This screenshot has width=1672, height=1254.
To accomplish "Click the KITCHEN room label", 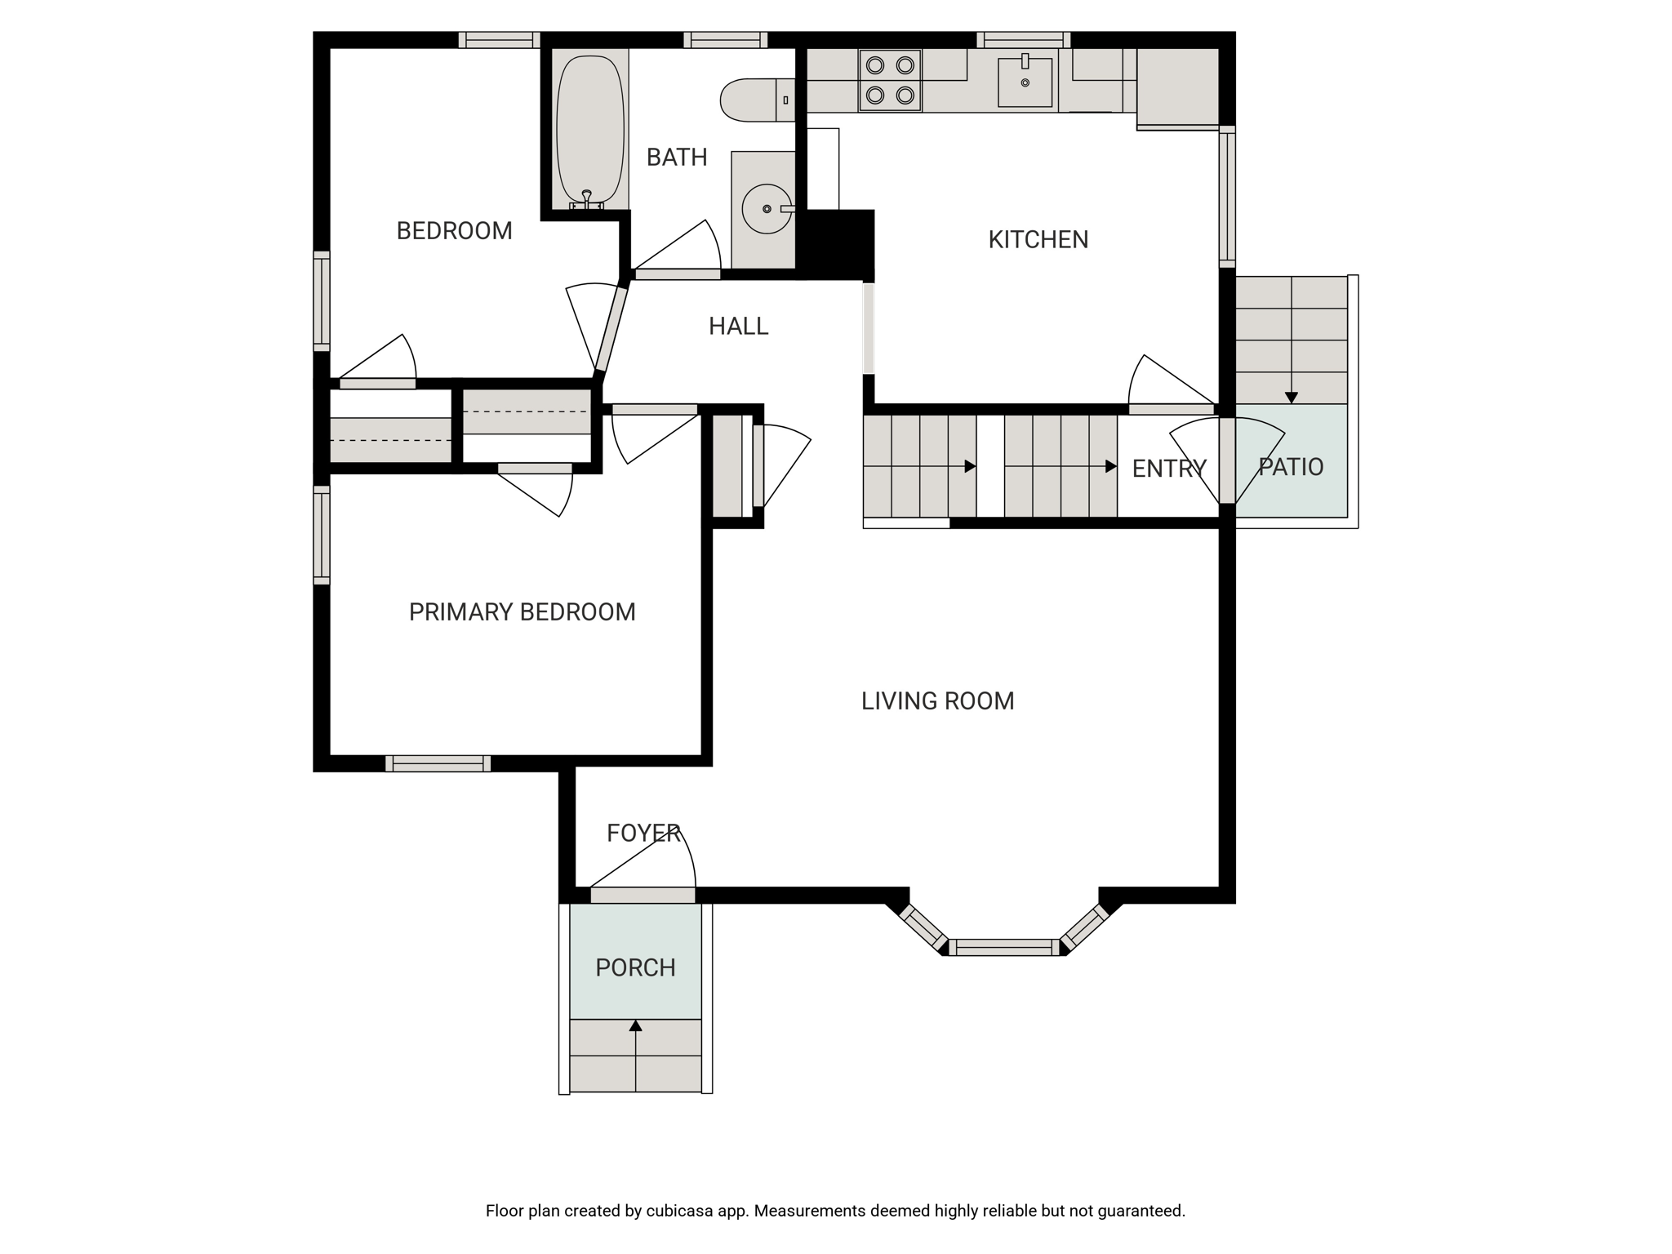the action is [1038, 239].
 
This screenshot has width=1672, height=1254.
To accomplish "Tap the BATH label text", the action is [677, 157].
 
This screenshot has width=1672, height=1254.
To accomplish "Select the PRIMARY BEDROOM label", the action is [522, 611].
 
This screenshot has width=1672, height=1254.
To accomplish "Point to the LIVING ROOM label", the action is [937, 700].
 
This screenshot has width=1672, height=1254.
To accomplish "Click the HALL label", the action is [738, 326].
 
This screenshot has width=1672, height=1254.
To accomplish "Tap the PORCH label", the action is [635, 967].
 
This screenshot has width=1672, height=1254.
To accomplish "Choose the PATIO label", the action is [1291, 467].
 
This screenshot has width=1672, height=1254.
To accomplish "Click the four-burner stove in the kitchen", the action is [890, 80].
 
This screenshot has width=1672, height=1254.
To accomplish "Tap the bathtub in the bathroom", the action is [590, 129].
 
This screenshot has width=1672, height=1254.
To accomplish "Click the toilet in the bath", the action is [757, 100].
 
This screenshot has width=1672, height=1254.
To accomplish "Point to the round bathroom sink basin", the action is [767, 209].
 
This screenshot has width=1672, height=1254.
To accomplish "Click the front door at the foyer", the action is [643, 895].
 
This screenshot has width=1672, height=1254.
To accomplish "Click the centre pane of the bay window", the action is [1004, 947].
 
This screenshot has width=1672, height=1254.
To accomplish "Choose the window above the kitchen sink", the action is [1023, 40].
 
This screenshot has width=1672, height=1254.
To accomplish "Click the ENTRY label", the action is [1169, 469].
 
